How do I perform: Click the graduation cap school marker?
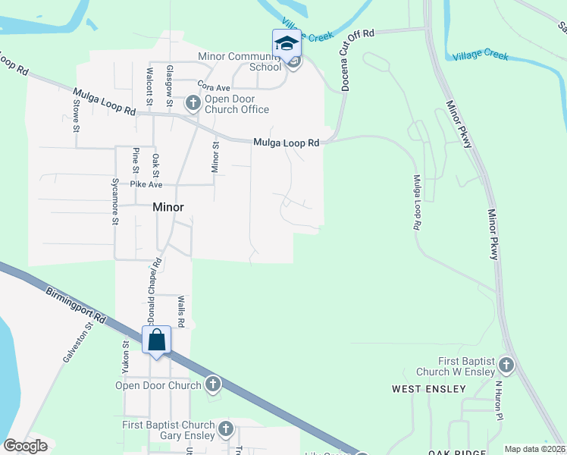coord(287,44)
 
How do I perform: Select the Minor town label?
coord(168,206)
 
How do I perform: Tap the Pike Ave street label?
coord(146,184)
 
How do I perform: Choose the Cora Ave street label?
coord(213,86)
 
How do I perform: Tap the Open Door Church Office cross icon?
coord(193,103)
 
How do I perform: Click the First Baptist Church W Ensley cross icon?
coord(506,367)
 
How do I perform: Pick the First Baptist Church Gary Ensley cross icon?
coord(225,431)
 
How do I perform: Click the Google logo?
coord(25,446)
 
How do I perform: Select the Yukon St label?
coord(127,356)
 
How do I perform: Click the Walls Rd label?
coord(181,311)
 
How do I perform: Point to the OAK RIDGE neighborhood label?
coord(456,453)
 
